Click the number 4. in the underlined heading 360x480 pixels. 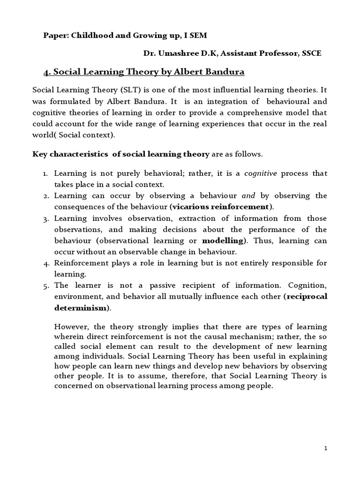(47, 72)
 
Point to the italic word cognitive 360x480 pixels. (261, 173)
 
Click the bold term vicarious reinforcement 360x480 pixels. (221, 206)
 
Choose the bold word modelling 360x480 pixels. (223, 240)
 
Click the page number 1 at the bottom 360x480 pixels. (326, 448)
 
